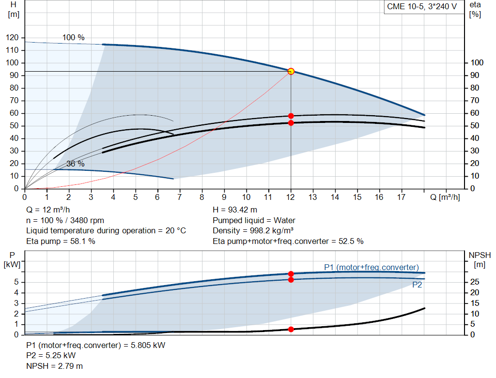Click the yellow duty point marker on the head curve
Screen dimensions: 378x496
(x=291, y=71)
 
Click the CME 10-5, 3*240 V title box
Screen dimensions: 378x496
(x=421, y=7)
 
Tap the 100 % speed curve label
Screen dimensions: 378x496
(x=73, y=37)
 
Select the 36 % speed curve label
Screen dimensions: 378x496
(x=75, y=164)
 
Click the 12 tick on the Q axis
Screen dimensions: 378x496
(x=291, y=197)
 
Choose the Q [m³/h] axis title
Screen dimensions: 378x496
(x=441, y=197)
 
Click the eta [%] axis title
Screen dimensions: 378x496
(x=475, y=9)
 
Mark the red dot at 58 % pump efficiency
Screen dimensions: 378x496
(x=291, y=116)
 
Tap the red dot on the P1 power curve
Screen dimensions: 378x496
(x=291, y=274)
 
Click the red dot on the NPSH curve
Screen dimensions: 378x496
(x=291, y=329)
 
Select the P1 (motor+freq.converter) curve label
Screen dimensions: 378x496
(x=371, y=267)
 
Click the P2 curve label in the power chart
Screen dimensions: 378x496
(x=417, y=285)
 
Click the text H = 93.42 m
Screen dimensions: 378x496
(x=235, y=210)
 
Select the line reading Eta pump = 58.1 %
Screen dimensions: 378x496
(x=61, y=241)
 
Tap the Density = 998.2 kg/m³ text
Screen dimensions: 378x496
(x=253, y=230)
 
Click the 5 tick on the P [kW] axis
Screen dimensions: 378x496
(x=16, y=282)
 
